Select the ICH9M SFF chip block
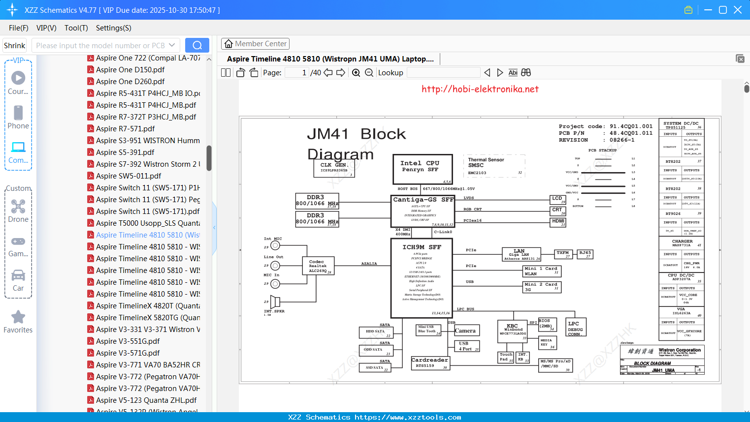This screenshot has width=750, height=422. coord(421,278)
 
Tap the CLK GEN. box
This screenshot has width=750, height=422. coord(334,168)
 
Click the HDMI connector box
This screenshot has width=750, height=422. coord(558,222)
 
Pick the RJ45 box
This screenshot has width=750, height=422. coord(585,254)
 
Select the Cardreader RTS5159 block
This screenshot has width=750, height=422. coord(429,363)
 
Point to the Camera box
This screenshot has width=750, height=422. coord(466,331)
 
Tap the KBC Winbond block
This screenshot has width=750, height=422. coord(513,332)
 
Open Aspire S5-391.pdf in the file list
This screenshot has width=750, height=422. coord(125,152)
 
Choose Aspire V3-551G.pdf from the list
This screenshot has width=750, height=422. coord(128,341)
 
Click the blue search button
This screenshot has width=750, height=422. coord(197,45)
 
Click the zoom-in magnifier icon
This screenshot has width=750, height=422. coord(356,73)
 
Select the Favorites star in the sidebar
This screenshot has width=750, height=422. coord(18,318)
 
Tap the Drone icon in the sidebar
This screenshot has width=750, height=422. coord(18,207)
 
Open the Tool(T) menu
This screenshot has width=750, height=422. coord(76,28)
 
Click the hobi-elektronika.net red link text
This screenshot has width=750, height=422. coord(480,89)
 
